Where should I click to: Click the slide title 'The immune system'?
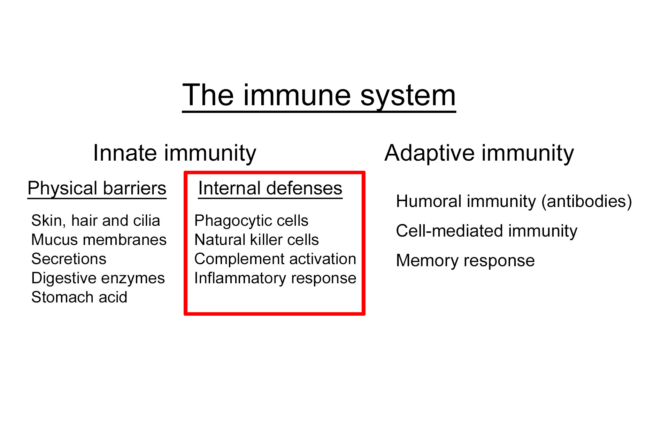[319, 95]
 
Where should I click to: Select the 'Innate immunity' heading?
[175, 153]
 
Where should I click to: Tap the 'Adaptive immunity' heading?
[479, 153]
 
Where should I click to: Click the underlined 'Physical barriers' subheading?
[97, 189]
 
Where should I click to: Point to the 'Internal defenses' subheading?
[270, 189]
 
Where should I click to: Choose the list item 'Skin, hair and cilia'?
[95, 221]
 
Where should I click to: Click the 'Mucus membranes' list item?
[99, 240]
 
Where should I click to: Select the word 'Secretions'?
[69, 259]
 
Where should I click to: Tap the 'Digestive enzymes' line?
[98, 278]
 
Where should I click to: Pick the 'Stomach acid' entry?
[79, 297]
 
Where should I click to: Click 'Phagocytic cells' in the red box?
[251, 221]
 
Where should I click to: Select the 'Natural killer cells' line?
[256, 240]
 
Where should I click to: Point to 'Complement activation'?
[275, 259]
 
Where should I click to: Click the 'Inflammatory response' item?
[275, 278]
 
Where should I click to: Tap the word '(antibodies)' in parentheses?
[586, 201]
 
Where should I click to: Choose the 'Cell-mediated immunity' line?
[486, 231]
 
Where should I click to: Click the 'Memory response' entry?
[465, 261]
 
